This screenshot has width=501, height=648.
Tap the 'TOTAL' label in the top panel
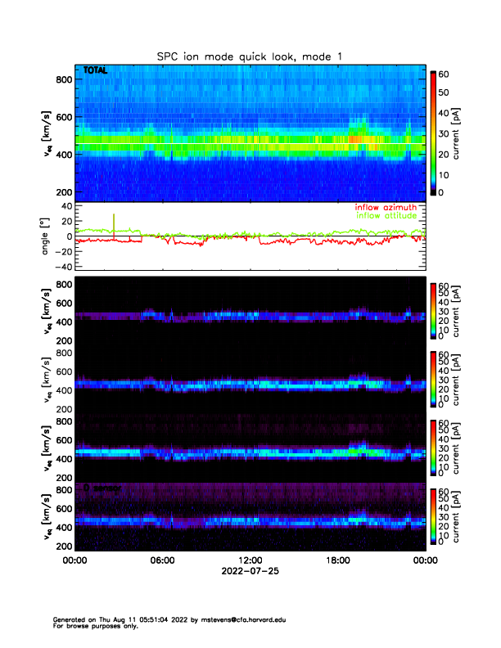[x=95, y=71]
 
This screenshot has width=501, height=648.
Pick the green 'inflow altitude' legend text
[x=386, y=216]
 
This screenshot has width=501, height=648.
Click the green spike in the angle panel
[x=114, y=223]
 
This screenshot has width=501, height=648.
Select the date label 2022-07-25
[x=250, y=571]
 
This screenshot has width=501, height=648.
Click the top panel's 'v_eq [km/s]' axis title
[x=46, y=133]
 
